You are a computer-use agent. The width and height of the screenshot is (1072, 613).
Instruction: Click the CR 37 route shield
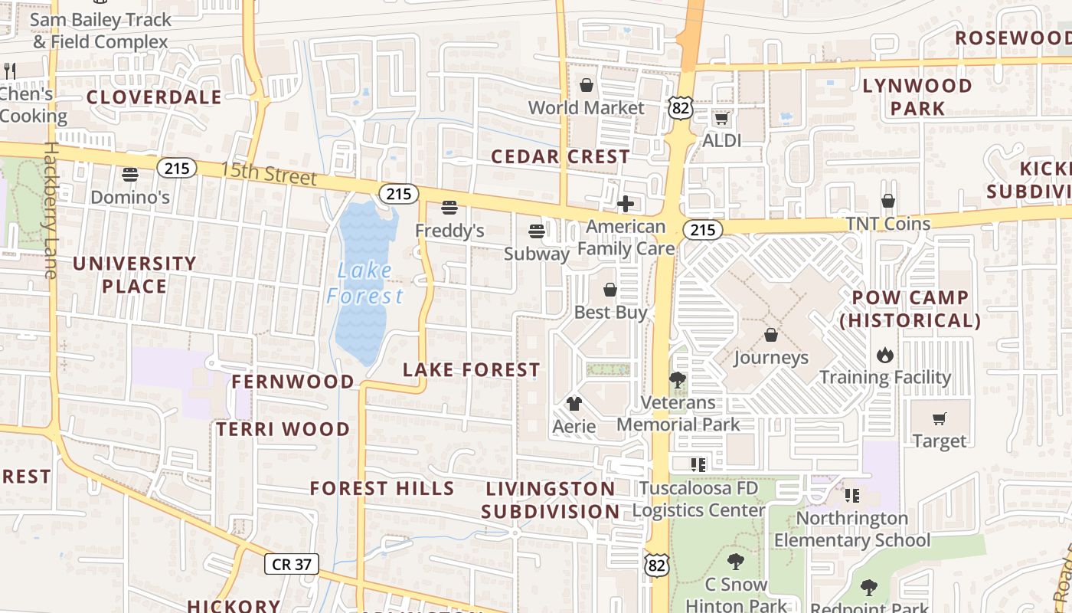292,564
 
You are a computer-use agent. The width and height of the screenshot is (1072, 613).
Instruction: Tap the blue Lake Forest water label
365,283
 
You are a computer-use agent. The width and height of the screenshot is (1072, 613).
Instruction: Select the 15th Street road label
269,173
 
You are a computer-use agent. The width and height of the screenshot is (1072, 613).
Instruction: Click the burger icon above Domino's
130,175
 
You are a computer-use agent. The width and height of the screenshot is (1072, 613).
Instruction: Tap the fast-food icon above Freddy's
449,208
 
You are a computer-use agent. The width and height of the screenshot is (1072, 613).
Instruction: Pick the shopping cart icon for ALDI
721,119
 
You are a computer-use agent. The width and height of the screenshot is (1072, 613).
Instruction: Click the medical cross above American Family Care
626,204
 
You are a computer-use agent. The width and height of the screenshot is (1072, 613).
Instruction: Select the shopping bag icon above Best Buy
610,290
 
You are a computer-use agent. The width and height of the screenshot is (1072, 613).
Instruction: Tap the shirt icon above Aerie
574,404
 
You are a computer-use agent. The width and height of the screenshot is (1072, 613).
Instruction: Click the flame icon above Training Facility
885,355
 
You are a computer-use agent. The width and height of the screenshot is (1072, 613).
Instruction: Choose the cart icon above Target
940,418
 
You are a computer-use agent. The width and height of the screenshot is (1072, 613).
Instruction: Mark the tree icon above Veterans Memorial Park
677,379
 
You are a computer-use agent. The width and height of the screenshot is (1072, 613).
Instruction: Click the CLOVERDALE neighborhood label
154,97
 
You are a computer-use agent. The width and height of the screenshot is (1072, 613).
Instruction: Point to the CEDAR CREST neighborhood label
561,157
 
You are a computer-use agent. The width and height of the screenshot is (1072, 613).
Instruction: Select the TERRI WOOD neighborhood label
283,429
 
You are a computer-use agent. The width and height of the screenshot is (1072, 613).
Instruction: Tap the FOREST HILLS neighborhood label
382,488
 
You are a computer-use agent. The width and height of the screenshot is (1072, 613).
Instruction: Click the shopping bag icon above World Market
587,85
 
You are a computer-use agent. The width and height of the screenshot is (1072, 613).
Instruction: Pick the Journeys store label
771,358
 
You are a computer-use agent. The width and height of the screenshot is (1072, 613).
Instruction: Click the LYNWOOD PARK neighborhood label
917,97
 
